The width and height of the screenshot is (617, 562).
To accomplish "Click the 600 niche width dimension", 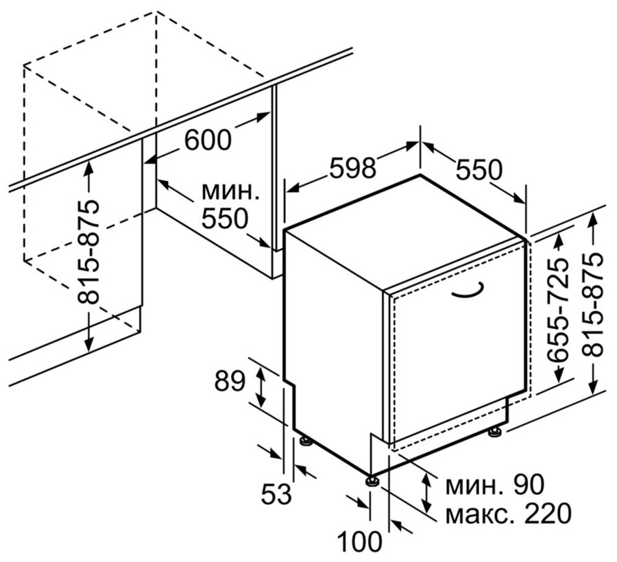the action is [207, 140].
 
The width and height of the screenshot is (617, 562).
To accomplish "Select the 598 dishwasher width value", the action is [353, 167].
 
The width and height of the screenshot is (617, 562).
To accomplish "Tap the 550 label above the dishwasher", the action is [479, 170].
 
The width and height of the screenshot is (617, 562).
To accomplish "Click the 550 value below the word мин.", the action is [225, 219].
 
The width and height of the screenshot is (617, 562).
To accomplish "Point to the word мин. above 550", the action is [230, 191].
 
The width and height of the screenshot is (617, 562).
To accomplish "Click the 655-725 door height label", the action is [559, 309].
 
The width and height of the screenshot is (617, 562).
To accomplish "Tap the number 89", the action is [230, 382].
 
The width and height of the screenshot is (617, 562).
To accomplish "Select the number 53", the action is [277, 493].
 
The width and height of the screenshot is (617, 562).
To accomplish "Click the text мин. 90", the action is [494, 485].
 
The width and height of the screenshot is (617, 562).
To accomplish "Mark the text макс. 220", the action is [508, 513].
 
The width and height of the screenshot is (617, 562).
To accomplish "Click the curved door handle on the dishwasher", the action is [467, 289].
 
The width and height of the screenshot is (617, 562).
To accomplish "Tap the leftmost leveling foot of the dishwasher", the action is [306, 441].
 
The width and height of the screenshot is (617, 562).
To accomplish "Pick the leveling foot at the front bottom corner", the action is [372, 481].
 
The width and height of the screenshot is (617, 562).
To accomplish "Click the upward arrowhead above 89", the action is [261, 370].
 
